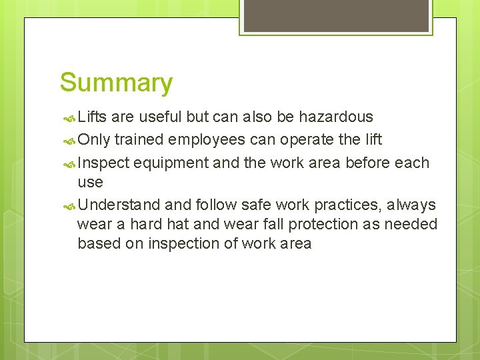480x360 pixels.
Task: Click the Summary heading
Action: point(116,83)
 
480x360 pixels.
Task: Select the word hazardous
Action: point(335,117)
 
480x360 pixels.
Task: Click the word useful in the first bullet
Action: point(161,117)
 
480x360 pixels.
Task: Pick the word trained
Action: point(139,140)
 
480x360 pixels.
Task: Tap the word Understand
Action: point(119,205)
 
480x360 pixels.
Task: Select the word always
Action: point(410,205)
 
